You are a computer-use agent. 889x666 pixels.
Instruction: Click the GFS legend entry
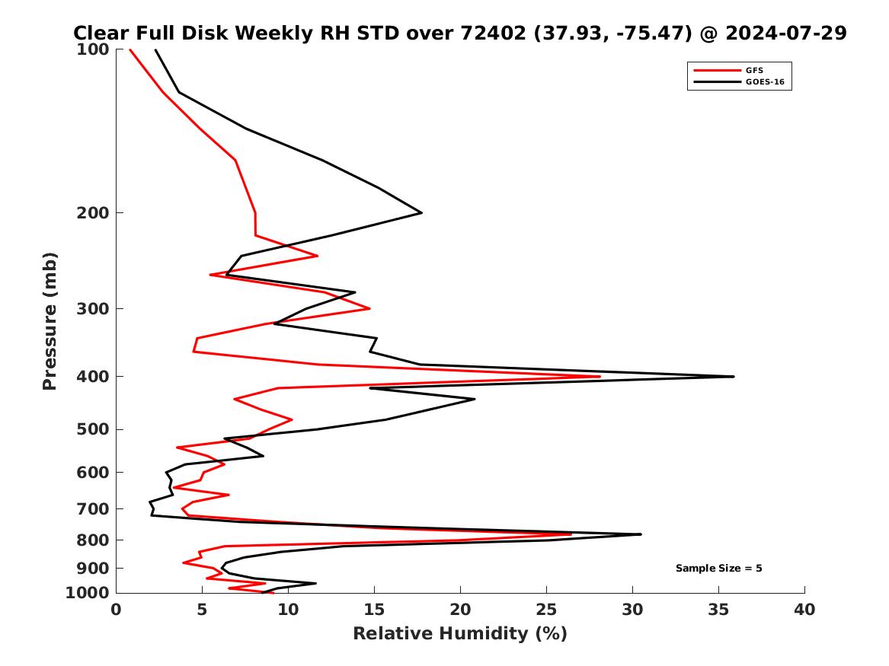tap(753, 70)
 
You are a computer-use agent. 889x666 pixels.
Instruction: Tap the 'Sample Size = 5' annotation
tap(718, 569)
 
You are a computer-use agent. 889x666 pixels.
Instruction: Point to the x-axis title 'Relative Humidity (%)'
tap(459, 634)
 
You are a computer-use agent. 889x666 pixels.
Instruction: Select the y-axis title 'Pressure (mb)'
tap(50, 320)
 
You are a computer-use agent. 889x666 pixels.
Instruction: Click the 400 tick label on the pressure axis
tap(91, 377)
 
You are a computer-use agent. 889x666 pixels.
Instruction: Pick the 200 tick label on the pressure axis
tap(91, 213)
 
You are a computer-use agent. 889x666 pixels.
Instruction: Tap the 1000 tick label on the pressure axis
tap(87, 593)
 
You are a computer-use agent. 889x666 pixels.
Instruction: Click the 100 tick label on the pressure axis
tap(91, 49)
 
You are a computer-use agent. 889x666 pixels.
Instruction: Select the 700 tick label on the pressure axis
tap(91, 508)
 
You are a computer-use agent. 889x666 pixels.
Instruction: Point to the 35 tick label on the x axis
tap(718, 610)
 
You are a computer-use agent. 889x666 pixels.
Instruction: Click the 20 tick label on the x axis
tap(460, 610)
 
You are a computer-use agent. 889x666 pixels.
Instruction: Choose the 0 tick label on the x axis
tap(117, 610)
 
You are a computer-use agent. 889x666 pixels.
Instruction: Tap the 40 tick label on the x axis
tap(804, 610)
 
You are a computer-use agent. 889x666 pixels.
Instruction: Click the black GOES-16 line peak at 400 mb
tap(733, 377)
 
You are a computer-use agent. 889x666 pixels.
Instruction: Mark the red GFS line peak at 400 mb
tap(600, 377)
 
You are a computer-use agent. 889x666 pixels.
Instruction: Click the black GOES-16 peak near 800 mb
tap(640, 534)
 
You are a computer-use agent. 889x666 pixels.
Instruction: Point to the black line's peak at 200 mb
tap(421, 213)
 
